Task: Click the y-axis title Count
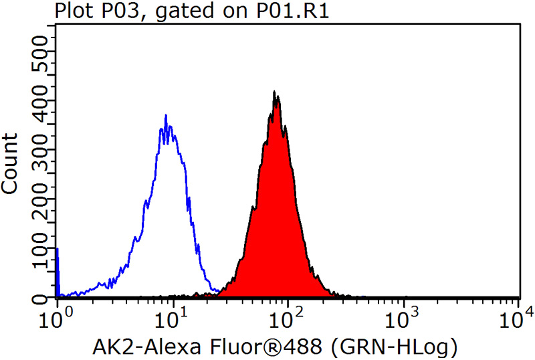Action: (x=10, y=163)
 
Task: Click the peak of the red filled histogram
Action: (x=274, y=92)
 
